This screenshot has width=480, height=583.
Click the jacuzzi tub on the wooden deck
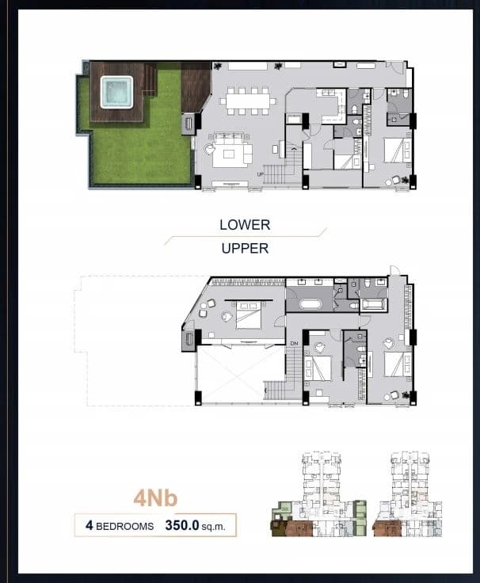(116, 92)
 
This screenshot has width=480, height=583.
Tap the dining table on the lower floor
(248, 101)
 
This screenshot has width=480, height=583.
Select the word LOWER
(245, 225)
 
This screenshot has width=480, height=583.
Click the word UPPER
(245, 249)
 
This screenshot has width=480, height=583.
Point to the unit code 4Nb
(155, 498)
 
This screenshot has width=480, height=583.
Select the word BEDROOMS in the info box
(124, 526)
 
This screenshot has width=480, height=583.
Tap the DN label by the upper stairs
(294, 344)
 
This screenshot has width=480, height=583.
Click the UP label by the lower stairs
(261, 174)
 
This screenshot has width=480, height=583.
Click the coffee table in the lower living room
(228, 154)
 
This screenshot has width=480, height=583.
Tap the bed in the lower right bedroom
(397, 151)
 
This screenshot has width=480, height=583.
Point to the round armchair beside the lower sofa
(209, 149)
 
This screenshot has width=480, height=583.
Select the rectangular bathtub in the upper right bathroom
(375, 305)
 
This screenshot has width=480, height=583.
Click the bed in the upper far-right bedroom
(398, 364)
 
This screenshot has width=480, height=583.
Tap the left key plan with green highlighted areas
(319, 494)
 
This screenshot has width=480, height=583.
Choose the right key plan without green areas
(407, 494)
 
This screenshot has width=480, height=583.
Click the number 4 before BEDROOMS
(89, 525)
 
